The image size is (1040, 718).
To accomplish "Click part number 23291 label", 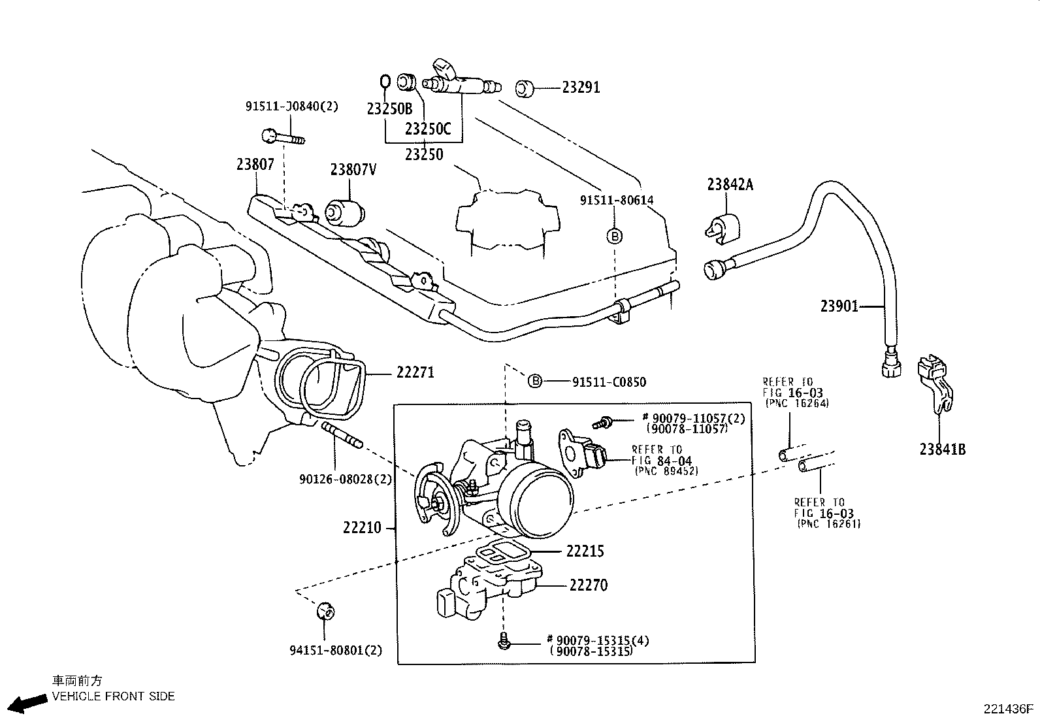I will (x=581, y=87).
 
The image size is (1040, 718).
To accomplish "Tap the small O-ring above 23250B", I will (x=385, y=82).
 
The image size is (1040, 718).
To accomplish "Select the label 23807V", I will (x=353, y=170).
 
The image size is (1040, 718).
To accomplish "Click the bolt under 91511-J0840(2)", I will (x=283, y=137).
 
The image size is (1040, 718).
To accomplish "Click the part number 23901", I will (x=840, y=306).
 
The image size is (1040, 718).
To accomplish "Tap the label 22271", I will (x=415, y=372).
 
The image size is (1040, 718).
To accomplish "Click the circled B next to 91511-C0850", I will (x=534, y=381).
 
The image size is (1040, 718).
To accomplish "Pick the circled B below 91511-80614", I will (x=615, y=236).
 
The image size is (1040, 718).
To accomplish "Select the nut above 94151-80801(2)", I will (x=325, y=611).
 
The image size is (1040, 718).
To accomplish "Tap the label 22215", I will (x=585, y=551).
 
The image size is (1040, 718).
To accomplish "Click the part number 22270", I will (x=588, y=585).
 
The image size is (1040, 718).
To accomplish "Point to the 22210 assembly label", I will (x=362, y=527).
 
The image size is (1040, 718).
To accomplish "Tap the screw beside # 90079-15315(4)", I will (x=503, y=642).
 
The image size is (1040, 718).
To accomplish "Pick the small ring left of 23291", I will (x=525, y=88).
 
